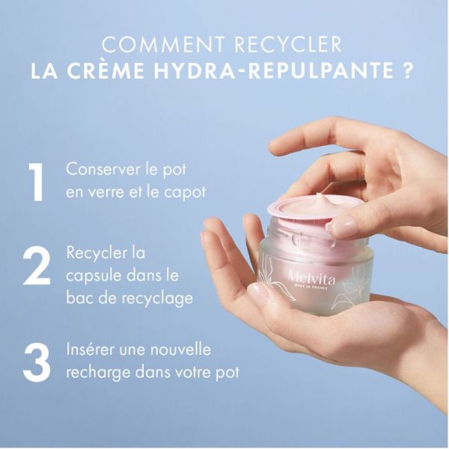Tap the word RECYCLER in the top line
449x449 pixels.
[287, 45]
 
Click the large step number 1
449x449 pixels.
[36, 180]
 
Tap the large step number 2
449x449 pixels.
[36, 267]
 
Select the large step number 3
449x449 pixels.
[36, 361]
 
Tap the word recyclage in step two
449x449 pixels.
[155, 298]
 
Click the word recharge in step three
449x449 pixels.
[96, 373]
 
